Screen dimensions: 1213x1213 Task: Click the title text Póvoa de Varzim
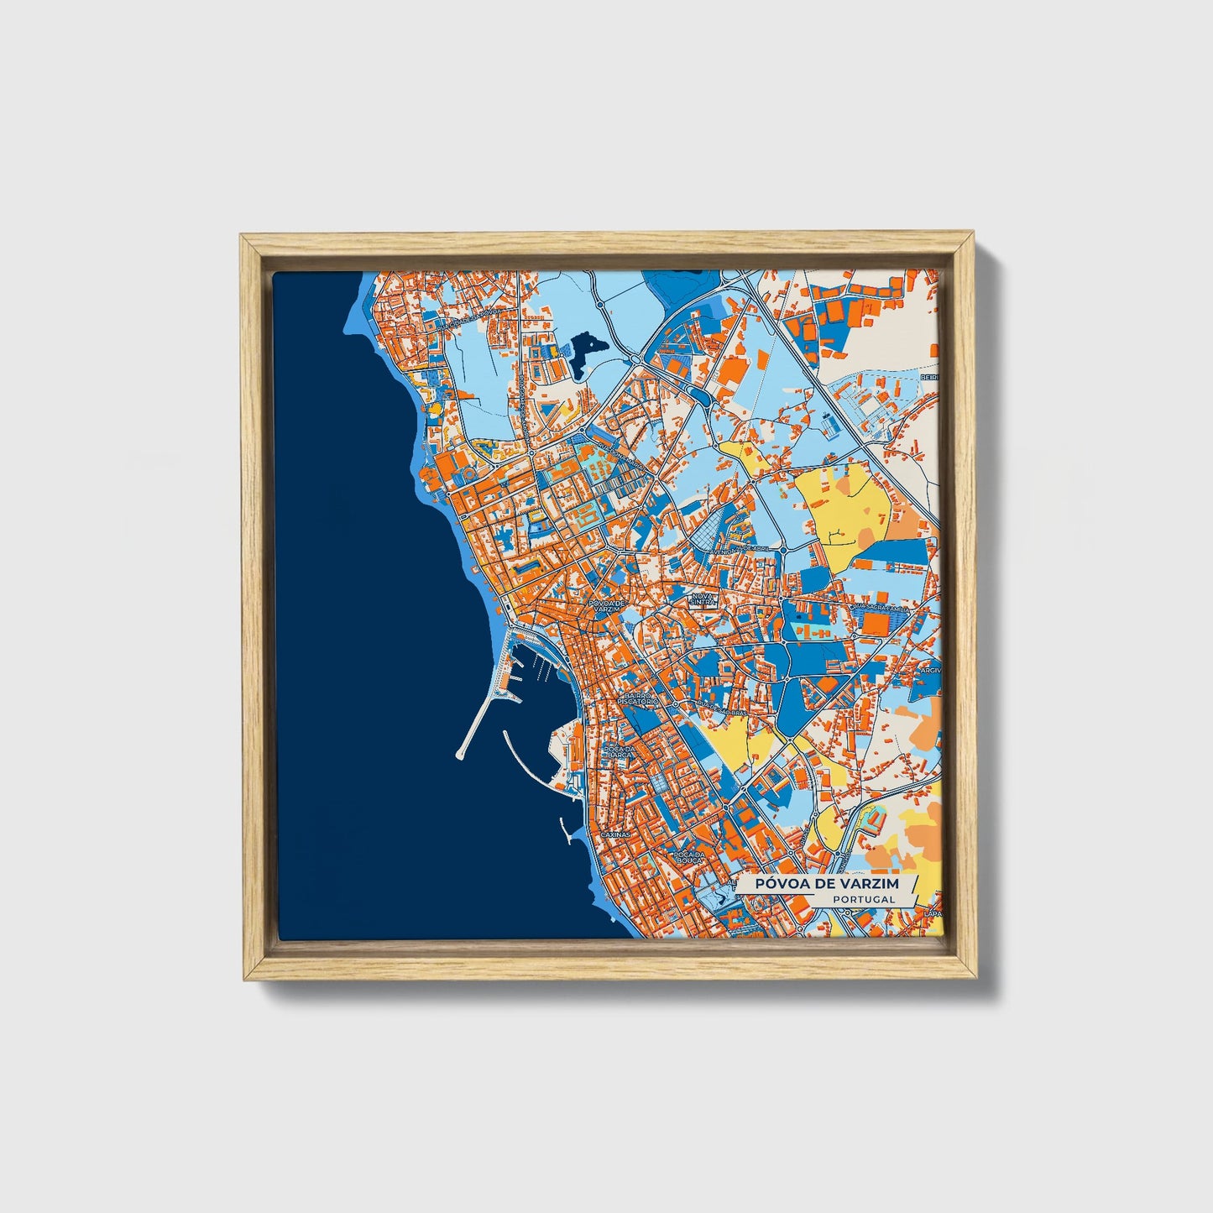(826, 884)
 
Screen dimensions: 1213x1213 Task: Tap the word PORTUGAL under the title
(864, 899)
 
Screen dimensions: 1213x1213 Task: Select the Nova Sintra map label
(703, 599)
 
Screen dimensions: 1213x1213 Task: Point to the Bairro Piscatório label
(637, 698)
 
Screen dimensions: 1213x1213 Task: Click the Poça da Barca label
(619, 751)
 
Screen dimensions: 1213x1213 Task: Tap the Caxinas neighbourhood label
(616, 835)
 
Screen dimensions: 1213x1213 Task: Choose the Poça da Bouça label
(688, 859)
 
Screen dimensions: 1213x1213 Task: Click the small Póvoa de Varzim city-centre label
(608, 605)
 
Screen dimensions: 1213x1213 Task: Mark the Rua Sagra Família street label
(880, 604)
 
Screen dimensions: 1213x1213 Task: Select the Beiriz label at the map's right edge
(928, 378)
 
